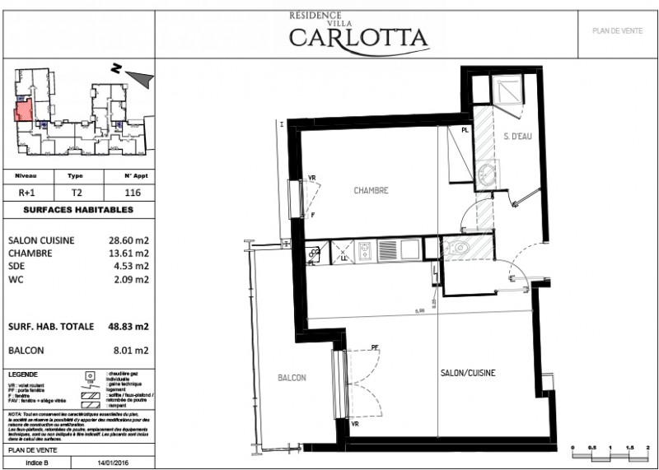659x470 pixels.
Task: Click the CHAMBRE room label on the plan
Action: [370, 191]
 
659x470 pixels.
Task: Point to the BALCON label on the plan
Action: [292, 378]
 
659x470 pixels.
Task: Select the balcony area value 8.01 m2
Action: [132, 350]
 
